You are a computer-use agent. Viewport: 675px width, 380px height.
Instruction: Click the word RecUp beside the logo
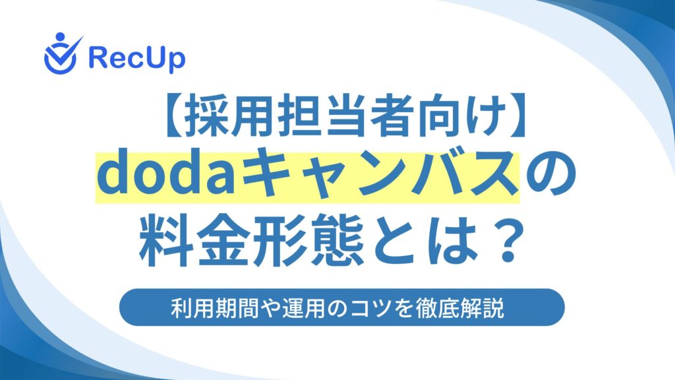137,59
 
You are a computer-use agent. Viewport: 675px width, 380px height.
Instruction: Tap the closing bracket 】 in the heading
516,116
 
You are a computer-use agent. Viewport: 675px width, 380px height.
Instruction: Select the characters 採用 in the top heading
229,116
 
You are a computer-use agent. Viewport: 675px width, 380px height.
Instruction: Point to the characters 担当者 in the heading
343,116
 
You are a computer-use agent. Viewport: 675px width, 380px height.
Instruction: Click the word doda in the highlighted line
166,175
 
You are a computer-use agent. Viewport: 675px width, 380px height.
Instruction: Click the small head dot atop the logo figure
60,37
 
